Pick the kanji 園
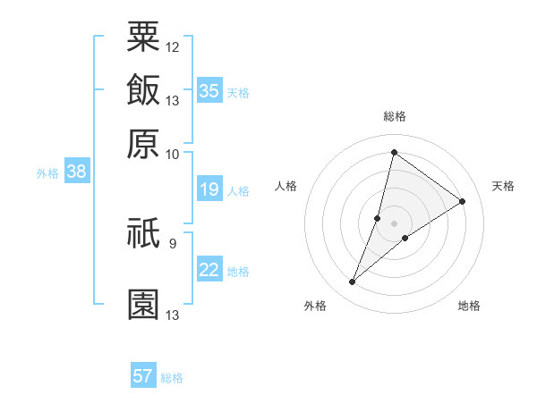coord(143,304)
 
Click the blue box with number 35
coord(209,90)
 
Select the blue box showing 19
coord(209,189)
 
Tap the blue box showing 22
coord(209,270)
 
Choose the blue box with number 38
coord(76,172)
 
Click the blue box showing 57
coord(143,376)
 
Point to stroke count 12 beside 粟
coord(173,46)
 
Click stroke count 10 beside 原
coord(173,154)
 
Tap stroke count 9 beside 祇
coord(173,242)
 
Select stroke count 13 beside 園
coord(173,315)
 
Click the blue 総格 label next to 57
coord(172,378)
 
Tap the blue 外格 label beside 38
coord(47,174)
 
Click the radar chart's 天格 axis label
coord(503,186)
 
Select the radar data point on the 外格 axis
coord(353,282)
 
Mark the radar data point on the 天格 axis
coord(463,201)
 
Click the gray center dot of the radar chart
coord(394,223)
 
